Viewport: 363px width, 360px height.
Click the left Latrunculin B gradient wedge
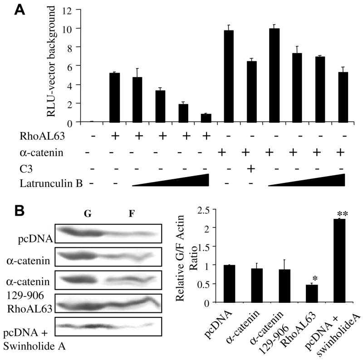click(171, 180)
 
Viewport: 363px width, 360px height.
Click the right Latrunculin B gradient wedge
click(307, 180)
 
